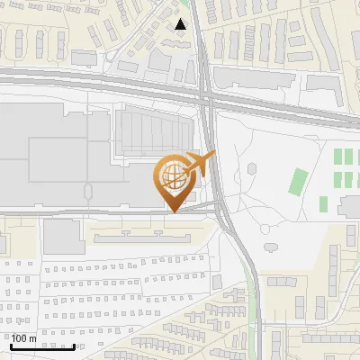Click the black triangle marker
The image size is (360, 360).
[182, 24]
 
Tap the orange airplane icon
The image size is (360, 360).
[200, 164]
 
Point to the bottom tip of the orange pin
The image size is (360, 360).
[175, 211]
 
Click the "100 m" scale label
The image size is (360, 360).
[23, 337]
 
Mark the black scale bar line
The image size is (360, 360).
[42, 346]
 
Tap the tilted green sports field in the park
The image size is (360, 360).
[299, 182]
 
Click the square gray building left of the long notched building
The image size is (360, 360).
[63, 237]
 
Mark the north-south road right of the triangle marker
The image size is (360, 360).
[204, 36]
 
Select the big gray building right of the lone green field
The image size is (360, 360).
[349, 208]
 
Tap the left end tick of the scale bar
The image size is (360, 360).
[11, 346]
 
